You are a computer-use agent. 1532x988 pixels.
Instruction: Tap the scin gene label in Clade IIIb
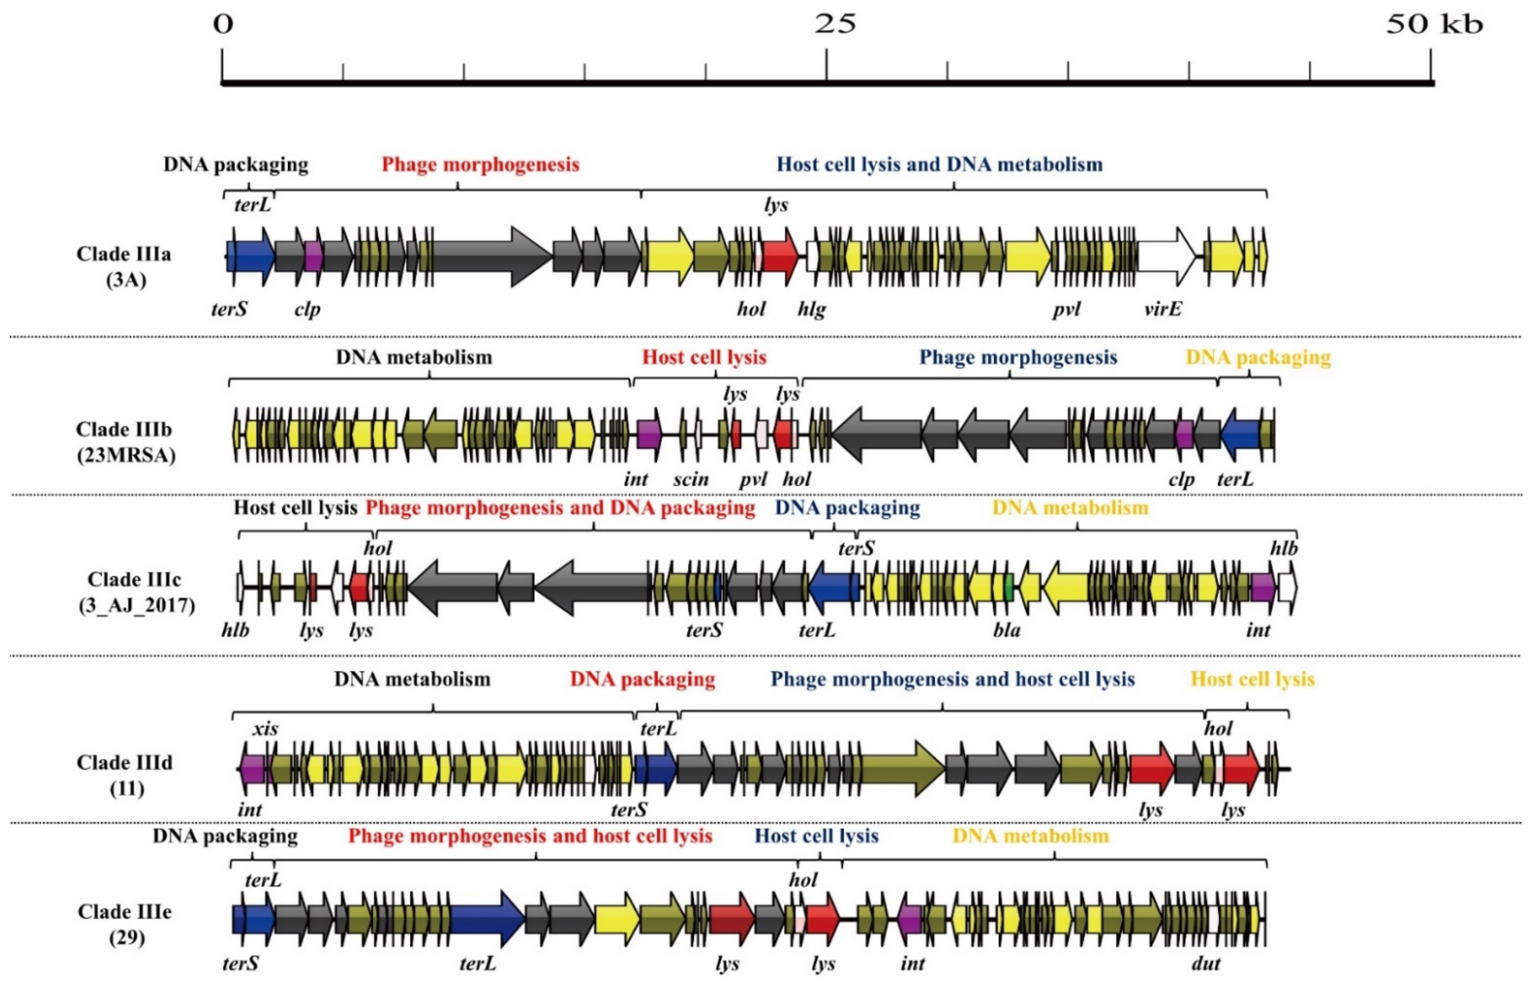pos(691,479)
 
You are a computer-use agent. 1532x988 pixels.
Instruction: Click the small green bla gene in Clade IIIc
pos(1009,587)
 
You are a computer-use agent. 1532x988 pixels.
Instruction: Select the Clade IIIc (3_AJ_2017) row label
pos(135,592)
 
